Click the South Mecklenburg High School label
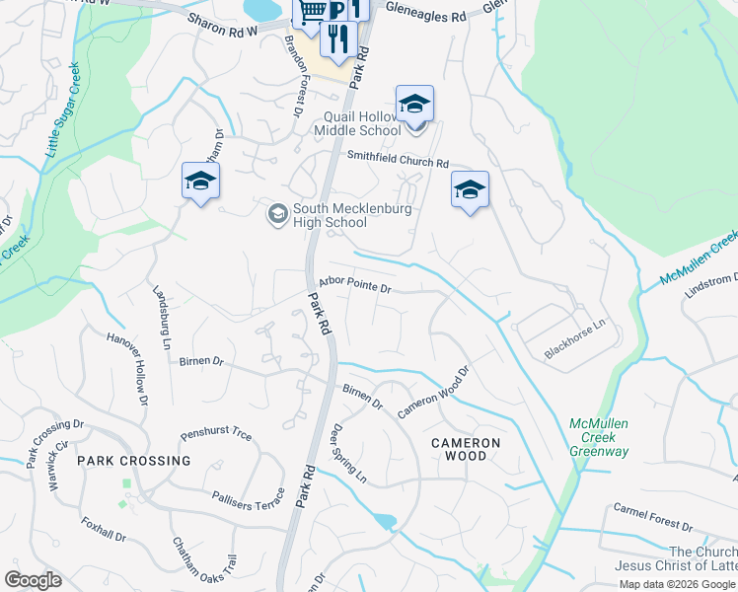click(x=331, y=215)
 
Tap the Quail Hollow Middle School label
click(x=357, y=123)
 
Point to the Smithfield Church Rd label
click(x=397, y=160)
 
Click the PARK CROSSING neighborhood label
click(x=134, y=461)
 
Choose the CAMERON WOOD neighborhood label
click(x=466, y=450)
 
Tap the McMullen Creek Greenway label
click(x=599, y=438)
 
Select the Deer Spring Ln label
click(x=349, y=454)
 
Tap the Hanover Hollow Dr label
click(x=127, y=369)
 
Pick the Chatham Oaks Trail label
click(x=205, y=559)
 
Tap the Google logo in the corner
click(x=33, y=580)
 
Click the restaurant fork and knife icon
click(x=338, y=39)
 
